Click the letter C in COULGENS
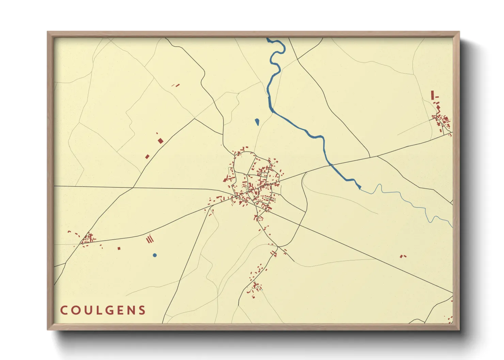coord(64,310)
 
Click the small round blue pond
coord(155,255)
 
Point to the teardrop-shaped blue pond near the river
coord(257,121)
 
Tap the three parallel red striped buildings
coord(150,240)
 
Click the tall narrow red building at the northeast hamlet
coord(432,95)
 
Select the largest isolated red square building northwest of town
coord(160,141)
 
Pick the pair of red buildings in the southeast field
coord(403,256)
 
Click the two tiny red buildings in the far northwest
coord(176,85)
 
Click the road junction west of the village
coord(133,187)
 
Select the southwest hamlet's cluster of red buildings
coord(89,238)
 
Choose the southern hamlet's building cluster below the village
coord(255,288)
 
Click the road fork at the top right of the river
coord(297,59)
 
